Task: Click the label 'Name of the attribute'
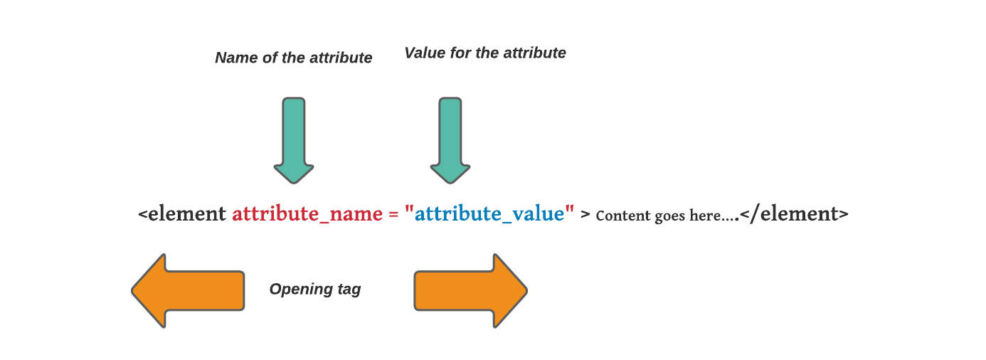pos(293,58)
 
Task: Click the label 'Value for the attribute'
pos(484,53)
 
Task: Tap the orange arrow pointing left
pos(188,290)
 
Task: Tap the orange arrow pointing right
pos(470,290)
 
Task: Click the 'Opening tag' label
pos(314,290)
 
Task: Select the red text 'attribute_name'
pos(307,213)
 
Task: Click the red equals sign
pos(393,214)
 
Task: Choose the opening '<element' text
pos(182,213)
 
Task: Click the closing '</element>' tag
pos(793,213)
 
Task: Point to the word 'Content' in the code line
pos(620,215)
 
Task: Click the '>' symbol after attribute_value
pos(585,214)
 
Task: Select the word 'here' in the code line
pos(705,216)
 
